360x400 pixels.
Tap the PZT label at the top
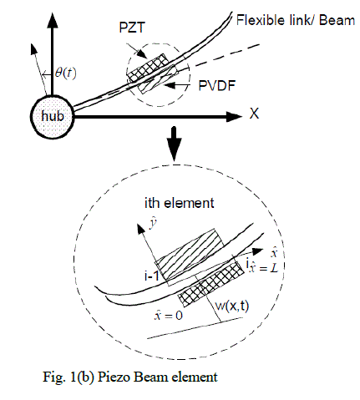point(132,28)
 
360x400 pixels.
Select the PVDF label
point(216,85)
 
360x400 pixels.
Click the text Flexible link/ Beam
point(296,21)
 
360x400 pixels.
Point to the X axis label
point(254,114)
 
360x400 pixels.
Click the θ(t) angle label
point(65,73)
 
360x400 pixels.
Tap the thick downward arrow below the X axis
point(175,144)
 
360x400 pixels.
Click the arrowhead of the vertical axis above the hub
point(52,19)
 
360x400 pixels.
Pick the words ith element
point(180,203)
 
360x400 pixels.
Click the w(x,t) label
point(232,306)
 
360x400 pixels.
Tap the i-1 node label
point(151,276)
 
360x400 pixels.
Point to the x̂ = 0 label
point(169,315)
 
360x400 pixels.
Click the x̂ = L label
point(264,268)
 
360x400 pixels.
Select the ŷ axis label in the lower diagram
point(152,224)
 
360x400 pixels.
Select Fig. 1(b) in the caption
point(68,377)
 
